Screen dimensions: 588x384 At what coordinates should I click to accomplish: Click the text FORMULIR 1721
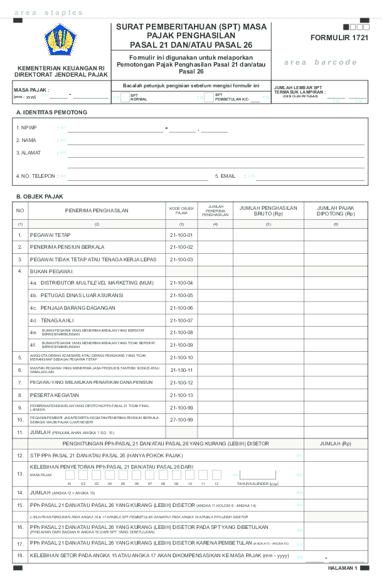click(339, 38)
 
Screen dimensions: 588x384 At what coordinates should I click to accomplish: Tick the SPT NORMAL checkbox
click(124, 97)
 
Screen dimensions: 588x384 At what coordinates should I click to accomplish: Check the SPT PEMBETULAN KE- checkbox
click(208, 97)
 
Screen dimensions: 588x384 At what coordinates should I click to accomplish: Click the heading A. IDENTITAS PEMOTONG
click(51, 112)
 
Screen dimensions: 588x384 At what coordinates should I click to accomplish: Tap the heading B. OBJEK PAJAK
click(40, 197)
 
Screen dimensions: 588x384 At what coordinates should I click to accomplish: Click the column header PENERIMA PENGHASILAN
click(97, 210)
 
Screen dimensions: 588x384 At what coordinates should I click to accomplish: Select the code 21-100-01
click(181, 235)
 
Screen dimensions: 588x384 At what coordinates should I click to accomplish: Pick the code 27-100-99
click(181, 420)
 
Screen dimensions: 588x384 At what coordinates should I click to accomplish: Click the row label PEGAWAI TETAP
click(50, 235)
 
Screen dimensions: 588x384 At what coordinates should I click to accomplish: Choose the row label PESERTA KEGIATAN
click(55, 395)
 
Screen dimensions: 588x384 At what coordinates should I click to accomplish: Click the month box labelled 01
click(70, 475)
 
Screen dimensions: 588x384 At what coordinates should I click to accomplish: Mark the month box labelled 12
click(216, 475)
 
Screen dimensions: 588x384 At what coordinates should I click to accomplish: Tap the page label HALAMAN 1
click(343, 568)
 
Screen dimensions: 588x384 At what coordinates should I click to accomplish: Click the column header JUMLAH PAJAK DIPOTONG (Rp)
click(336, 210)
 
